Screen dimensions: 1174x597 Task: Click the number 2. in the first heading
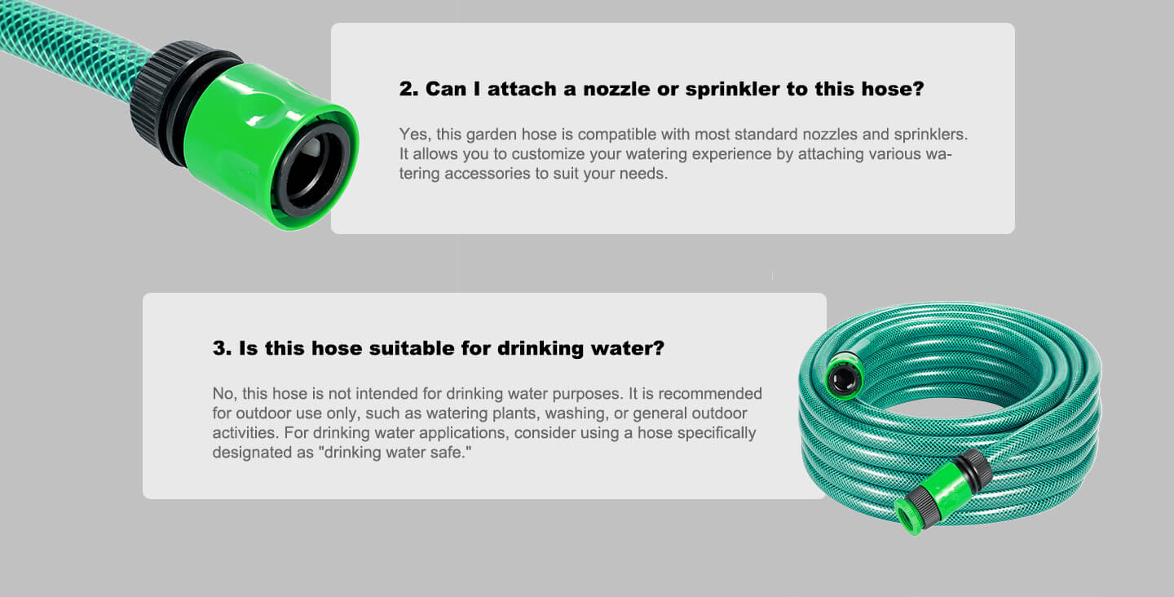click(408, 89)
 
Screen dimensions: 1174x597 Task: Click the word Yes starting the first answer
click(415, 135)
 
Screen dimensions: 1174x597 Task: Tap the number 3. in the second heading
click(222, 348)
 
